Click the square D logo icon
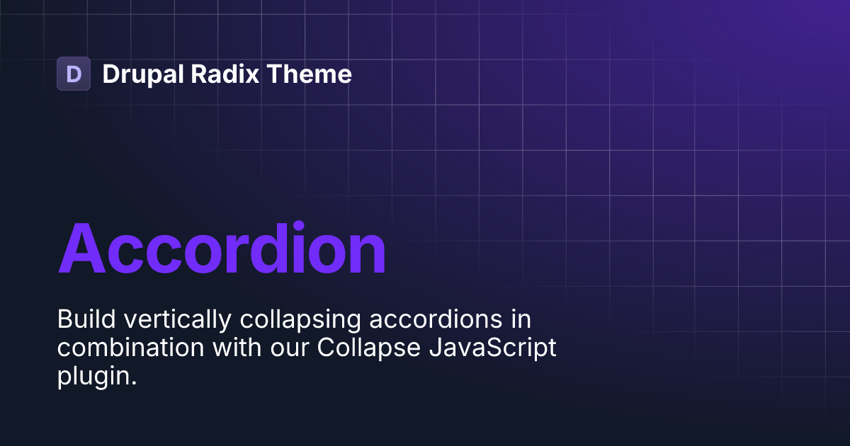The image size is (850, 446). tap(74, 74)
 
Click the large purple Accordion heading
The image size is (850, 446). tap(222, 249)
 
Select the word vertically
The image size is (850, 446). tap(176, 321)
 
